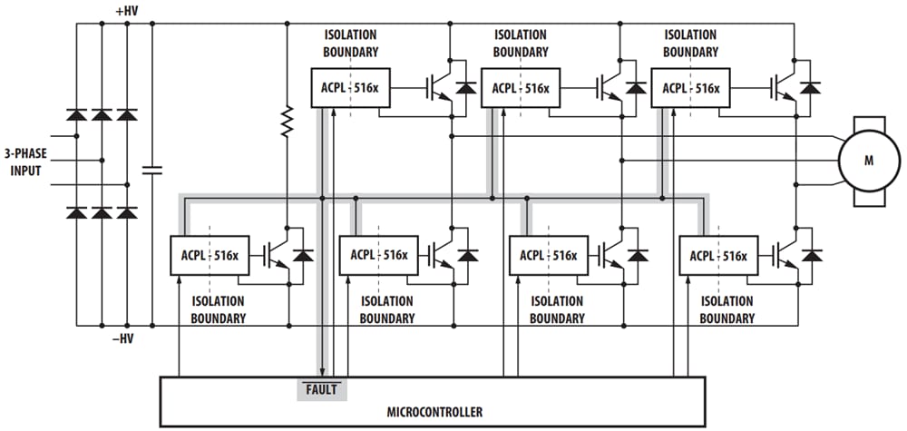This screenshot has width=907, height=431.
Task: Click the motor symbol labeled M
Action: coord(868,160)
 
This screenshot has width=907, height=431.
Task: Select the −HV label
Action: coord(126,338)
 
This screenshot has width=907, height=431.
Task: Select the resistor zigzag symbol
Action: coord(288,121)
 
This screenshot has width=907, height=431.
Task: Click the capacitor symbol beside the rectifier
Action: coord(151,169)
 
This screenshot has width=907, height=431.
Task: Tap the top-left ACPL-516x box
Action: coord(344,88)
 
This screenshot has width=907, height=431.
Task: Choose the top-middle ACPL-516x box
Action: coord(514,88)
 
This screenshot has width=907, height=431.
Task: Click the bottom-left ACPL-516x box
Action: coord(204,255)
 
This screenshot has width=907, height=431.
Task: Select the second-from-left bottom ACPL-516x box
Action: coord(373,255)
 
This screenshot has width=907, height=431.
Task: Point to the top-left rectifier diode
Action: coord(76,116)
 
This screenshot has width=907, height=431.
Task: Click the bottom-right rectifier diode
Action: coord(127,213)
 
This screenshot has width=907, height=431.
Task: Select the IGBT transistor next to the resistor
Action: coord(277,256)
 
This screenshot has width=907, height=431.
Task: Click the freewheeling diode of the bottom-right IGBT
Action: coord(811,255)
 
